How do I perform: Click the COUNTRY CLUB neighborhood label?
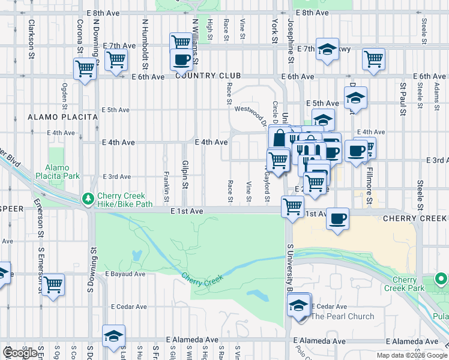(x=208, y=76)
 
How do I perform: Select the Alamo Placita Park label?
(x=66, y=172)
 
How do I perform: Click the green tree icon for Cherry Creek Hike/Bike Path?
(x=88, y=197)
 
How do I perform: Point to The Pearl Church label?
(x=342, y=316)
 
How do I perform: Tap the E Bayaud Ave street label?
(x=125, y=274)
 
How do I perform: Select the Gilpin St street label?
(x=185, y=174)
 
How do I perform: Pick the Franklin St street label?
(x=166, y=186)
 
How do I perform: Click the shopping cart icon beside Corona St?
(x=85, y=68)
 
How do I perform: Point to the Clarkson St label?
(x=30, y=39)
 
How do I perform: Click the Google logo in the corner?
(x=19, y=353)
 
